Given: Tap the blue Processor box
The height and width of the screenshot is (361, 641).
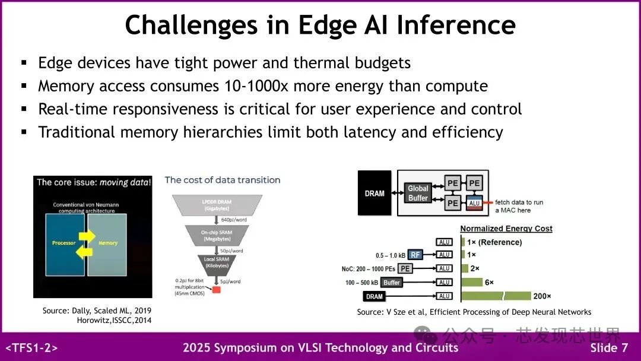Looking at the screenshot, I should [64, 243].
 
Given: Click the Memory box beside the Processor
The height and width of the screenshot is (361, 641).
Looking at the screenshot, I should [108, 243].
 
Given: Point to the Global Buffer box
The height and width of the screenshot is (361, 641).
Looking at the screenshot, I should [418, 193].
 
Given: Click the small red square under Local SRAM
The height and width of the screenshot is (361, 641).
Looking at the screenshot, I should [216, 289].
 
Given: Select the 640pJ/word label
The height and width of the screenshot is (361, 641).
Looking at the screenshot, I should [233, 219].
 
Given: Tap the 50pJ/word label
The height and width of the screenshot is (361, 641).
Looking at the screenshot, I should [232, 251].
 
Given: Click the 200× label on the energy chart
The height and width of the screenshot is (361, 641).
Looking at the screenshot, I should [542, 296].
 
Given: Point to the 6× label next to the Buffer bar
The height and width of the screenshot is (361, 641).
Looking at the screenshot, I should [490, 282].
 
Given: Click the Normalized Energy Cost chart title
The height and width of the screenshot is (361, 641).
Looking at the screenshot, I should [506, 229].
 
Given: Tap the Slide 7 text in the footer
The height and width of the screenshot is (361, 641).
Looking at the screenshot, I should [609, 348].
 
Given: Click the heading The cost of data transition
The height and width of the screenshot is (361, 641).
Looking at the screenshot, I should [223, 180].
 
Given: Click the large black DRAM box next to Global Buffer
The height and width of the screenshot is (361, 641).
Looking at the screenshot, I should [375, 193].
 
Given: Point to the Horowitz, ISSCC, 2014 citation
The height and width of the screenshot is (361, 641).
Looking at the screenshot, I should [114, 321].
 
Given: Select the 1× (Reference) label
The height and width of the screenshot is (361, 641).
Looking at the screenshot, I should [494, 242].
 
